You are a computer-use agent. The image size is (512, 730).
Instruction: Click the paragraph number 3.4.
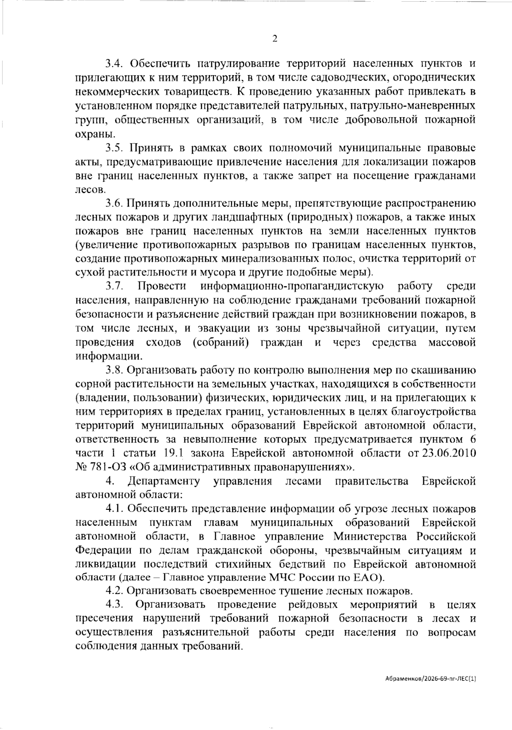tap(114, 64)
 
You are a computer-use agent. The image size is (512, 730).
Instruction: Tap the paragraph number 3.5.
tap(114, 148)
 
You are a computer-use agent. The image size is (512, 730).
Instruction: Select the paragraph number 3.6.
tap(114, 204)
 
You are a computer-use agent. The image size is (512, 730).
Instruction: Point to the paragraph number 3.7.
tap(114, 286)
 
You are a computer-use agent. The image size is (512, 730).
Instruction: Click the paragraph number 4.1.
tap(114, 509)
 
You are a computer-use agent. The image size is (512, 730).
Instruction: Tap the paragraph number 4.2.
tap(114, 591)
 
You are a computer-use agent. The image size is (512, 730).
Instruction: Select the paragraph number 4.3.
tap(114, 605)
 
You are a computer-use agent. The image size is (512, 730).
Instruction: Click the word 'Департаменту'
tap(163, 481)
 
